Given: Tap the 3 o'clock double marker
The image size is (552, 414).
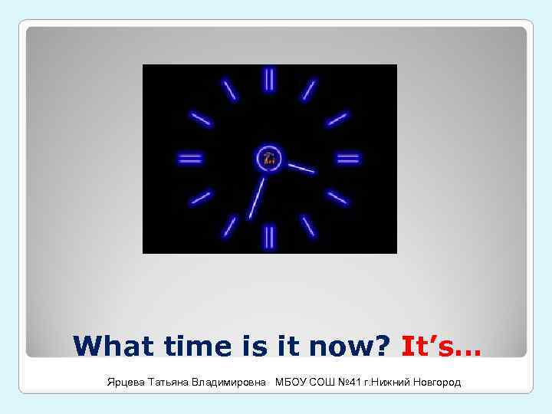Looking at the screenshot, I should click(x=348, y=159).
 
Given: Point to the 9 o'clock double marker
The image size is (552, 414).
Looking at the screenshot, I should click(x=190, y=159).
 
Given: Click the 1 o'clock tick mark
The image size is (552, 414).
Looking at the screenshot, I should click(x=309, y=90).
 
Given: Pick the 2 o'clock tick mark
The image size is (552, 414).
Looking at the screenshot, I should click(x=337, y=120).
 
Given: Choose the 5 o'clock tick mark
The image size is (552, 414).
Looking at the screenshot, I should click(x=309, y=226).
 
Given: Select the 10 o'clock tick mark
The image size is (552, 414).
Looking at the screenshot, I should click(x=201, y=119).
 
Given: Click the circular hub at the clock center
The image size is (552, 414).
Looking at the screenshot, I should click(x=269, y=159).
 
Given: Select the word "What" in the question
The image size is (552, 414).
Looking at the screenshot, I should click(x=110, y=346).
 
